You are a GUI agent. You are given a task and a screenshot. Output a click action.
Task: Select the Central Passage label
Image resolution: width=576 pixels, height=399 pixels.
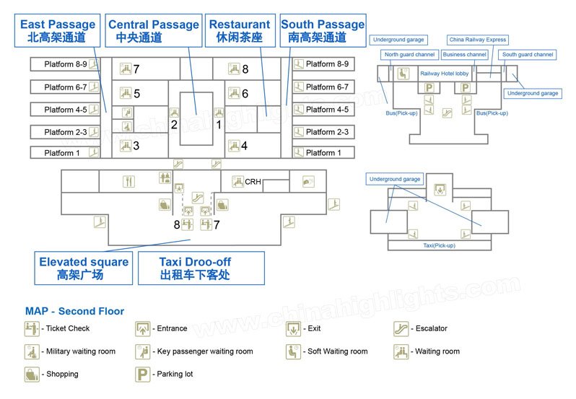click(154, 30)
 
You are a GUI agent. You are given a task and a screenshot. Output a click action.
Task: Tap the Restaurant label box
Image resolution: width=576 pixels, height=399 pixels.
click(240, 30)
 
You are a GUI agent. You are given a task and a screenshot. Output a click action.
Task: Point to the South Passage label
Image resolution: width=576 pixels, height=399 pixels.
click(323, 30)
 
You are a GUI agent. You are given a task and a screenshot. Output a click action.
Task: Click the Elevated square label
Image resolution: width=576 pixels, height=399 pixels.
click(84, 268)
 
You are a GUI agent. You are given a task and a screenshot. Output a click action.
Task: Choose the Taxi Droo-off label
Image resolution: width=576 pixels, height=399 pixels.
click(201, 268)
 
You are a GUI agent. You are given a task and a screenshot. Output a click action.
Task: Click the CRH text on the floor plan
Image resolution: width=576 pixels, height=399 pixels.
click(253, 182)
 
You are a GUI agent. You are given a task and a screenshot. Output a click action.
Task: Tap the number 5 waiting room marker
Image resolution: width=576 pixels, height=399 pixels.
click(136, 93)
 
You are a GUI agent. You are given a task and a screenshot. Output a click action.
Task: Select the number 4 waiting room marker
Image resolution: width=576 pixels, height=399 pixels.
click(244, 146)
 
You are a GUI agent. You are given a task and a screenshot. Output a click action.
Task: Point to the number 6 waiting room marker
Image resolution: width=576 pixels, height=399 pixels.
click(245, 93)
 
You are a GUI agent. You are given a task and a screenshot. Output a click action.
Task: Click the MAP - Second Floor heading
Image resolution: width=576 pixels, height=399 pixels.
click(74, 312)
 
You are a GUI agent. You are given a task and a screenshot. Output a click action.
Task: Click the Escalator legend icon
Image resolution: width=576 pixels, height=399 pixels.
click(401, 329)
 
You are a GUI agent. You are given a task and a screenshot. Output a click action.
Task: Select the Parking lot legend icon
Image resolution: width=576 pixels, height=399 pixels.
click(142, 374)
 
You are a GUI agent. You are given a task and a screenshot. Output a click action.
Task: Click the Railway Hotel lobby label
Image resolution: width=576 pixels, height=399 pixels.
click(444, 74)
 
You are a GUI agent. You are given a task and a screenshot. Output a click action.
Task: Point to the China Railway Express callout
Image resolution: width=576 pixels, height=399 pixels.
click(477, 40)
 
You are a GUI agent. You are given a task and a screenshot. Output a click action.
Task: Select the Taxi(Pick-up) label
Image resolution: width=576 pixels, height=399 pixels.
click(439, 245)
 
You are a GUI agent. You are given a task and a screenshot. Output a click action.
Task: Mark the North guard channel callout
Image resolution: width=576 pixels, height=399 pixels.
click(409, 55)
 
